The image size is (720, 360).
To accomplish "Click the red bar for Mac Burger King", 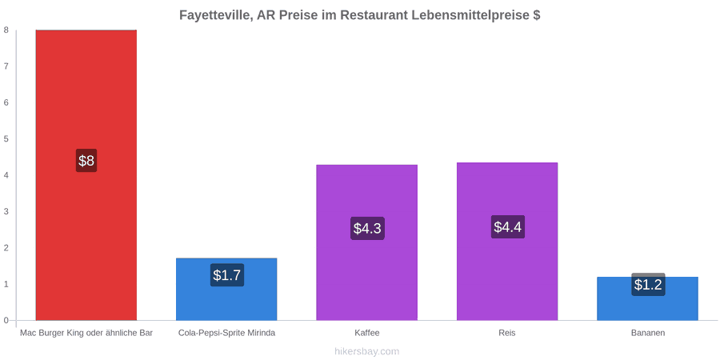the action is (86, 175).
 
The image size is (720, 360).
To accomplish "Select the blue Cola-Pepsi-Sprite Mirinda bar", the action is (226, 290).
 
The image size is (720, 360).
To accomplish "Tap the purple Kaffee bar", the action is (367, 242).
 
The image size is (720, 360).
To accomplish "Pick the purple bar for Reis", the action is (507, 241).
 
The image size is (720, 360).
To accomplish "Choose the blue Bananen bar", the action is (647, 298).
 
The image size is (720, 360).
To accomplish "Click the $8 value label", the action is (86, 161).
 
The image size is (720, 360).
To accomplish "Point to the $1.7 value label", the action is (227, 275).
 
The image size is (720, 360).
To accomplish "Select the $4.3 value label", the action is (367, 228).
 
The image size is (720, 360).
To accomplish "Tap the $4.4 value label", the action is (508, 227).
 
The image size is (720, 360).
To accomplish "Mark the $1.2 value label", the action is (648, 285).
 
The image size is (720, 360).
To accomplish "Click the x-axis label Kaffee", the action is (367, 334).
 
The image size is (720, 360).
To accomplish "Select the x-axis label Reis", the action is (507, 334).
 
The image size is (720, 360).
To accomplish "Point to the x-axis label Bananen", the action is (647, 334).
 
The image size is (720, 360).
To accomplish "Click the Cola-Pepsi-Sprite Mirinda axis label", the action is (227, 334).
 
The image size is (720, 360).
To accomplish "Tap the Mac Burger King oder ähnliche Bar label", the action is (86, 334).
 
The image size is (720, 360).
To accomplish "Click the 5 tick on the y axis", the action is (6, 138).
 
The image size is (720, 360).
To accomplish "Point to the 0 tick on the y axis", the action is (6, 320).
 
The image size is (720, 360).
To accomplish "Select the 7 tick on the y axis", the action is (6, 66).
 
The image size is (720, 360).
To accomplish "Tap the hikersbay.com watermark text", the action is (367, 352).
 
